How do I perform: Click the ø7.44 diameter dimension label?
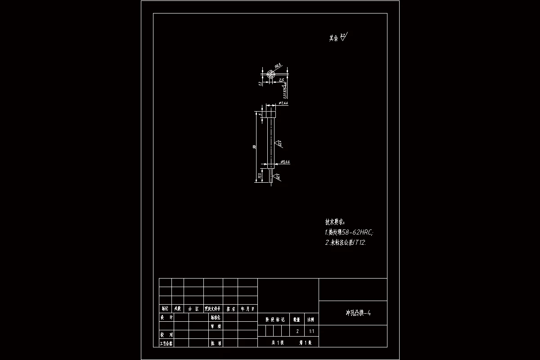pos(283,103)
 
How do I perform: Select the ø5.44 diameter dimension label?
pos(285,162)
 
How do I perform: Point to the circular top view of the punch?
pos(270,75)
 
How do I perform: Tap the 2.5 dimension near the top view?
pos(281,80)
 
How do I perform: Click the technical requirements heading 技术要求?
pos(335,222)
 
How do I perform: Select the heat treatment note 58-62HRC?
pos(349,233)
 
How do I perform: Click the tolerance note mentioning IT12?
pos(346,243)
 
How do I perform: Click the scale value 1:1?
pos(311,331)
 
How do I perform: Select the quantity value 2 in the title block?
pos(297,331)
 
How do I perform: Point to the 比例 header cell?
pos(311,320)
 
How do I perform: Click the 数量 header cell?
pos(297,320)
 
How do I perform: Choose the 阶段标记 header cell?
pos(273,320)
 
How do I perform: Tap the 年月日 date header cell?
pos(247,309)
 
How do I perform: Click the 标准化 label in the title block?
pos(216,317)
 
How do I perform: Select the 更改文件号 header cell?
pos(213,309)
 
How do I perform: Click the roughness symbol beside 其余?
pos(344,37)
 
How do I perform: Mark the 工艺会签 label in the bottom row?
pos(166,343)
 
